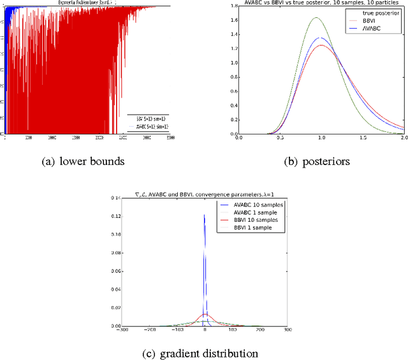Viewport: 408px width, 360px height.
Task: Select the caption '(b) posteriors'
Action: click(x=317, y=162)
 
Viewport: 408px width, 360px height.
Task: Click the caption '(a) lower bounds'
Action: click(x=83, y=162)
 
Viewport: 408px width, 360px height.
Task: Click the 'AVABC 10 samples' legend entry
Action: click(x=252, y=205)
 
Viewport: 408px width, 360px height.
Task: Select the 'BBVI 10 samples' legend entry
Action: click(x=251, y=219)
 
